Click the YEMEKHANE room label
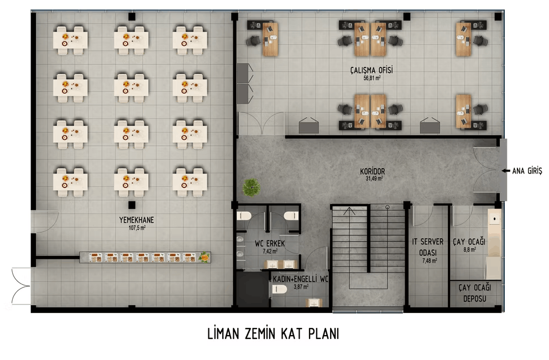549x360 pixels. [137, 220]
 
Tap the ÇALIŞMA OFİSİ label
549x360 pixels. [372, 70]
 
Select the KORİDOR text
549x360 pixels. [372, 171]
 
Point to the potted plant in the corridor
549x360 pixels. [251, 187]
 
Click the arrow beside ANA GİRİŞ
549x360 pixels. [505, 171]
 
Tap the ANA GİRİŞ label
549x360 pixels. [527, 171]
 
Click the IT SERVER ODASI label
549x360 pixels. [427, 247]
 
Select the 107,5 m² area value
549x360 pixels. [137, 228]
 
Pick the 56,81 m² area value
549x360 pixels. [372, 78]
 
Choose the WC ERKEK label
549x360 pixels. [270, 243]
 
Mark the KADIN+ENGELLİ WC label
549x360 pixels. [300, 279]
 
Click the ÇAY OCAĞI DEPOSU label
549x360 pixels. [475, 293]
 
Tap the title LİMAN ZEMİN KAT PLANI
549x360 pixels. [273, 334]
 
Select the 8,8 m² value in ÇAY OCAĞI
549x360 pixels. [469, 250]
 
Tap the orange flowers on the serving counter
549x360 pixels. [204, 257]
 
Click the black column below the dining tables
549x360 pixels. [132, 205]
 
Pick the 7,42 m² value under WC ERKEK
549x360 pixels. [270, 252]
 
